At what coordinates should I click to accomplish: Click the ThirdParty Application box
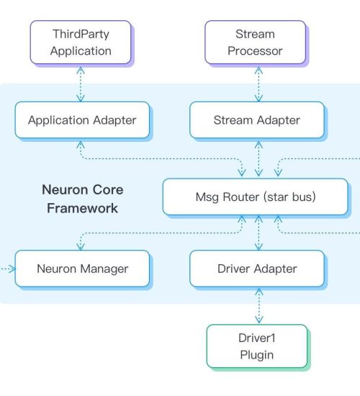[81, 42]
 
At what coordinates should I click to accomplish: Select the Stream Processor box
[255, 42]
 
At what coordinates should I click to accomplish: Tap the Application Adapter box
[82, 120]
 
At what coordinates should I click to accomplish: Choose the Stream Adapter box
[257, 120]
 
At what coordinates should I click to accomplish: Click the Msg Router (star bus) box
[255, 197]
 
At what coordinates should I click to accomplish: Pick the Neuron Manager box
[82, 269]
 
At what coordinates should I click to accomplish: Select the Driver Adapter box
[257, 269]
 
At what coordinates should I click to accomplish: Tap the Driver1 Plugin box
[257, 346]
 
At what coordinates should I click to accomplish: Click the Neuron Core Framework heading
[82, 199]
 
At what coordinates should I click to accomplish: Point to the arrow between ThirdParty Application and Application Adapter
[81, 84]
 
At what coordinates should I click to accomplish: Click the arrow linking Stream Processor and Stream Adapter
[258, 84]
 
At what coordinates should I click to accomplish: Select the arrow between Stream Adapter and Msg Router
[258, 158]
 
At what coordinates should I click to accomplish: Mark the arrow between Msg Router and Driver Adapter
[258, 233]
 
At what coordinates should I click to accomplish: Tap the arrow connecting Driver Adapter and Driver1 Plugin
[259, 306]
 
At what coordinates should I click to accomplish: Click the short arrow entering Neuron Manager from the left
[8, 269]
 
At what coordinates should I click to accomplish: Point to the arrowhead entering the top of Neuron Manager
[81, 247]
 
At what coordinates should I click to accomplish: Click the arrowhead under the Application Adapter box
[81, 144]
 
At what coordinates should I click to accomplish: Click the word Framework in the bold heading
[82, 208]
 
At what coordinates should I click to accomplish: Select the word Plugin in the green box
[257, 355]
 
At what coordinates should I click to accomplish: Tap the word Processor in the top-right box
[255, 51]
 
